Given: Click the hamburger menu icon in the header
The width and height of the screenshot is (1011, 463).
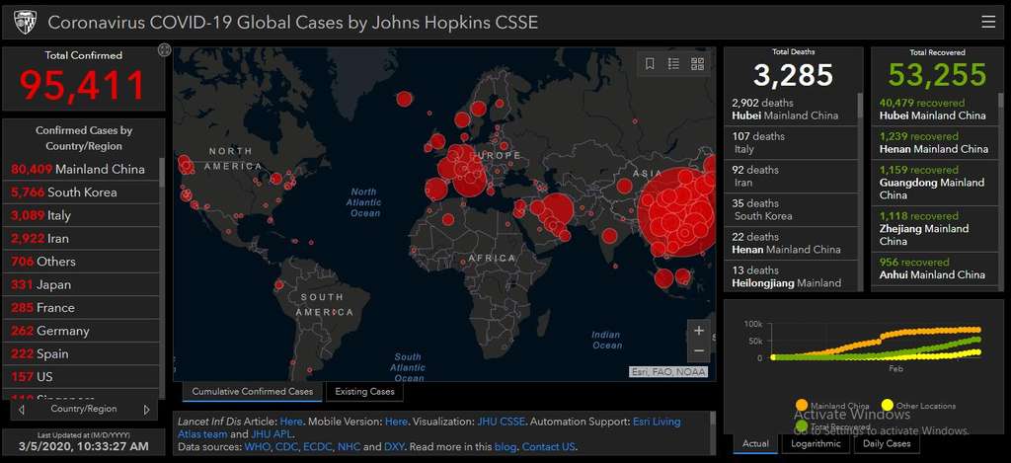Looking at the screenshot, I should pos(988,22).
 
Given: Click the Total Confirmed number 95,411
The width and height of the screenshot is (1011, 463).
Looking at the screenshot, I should pos(83,87).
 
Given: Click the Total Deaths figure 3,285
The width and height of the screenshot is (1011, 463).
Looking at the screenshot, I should pos(794,75).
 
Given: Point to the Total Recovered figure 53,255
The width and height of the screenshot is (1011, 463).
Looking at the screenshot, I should pos(937,75).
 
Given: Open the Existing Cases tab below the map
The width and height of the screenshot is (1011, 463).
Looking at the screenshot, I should pos(364,392).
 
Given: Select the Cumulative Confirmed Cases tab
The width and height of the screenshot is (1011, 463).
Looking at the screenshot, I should pos(252,392).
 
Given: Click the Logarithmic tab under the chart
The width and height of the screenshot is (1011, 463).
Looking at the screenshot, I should pos(816,443).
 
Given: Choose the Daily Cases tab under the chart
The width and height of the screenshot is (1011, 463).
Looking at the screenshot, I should pos(887,443).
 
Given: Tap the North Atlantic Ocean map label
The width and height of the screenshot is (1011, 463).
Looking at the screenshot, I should pos(364,202).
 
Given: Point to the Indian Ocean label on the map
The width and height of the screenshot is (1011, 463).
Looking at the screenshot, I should pos(606,340).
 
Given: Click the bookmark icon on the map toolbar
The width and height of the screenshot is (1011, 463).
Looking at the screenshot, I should pos(650,64).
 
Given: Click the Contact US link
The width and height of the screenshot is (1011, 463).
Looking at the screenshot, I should pos(549,447).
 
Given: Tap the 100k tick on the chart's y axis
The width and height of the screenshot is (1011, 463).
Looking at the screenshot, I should pos(752,325).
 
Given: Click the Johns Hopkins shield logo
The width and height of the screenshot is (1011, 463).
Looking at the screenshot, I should pos(25,22).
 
